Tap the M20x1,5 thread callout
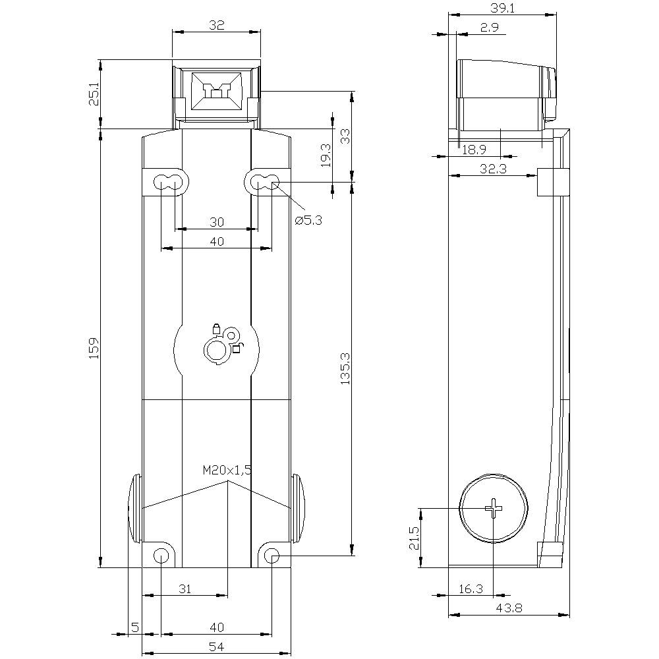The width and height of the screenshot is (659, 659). (227, 470)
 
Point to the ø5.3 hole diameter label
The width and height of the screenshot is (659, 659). (308, 221)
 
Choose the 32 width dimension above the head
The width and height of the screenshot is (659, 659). (216, 25)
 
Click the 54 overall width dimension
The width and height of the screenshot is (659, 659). (216, 647)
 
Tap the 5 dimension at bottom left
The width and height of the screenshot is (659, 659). (134, 627)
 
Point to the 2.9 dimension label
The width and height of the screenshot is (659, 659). (489, 27)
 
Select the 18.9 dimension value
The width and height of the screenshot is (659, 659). (474, 150)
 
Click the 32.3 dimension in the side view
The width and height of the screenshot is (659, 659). (492, 169)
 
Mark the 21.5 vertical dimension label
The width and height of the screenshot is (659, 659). (413, 538)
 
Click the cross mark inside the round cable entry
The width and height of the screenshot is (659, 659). (494, 508)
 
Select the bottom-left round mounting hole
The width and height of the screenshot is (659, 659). (160, 556)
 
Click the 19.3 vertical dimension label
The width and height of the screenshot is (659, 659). (325, 156)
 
